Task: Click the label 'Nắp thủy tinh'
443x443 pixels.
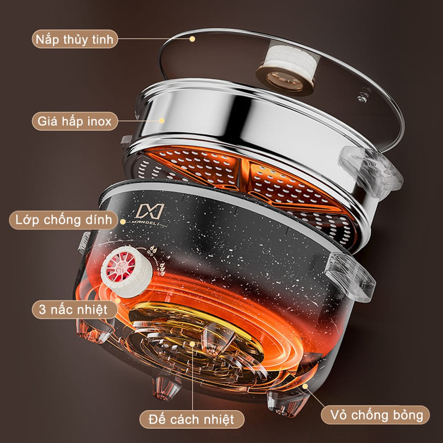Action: coord(74,39)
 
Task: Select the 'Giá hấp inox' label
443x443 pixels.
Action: coord(74,121)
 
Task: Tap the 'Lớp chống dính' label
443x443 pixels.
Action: coord(63,220)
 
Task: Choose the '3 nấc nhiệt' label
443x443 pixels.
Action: coord(74,309)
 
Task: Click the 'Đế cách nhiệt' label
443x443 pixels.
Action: coord(191,419)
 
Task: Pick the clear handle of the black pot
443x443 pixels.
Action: coord(350,277)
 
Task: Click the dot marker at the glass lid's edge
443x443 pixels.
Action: coord(192,39)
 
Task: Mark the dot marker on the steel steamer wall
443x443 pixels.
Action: coord(162,120)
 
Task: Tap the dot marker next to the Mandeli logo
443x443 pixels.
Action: coord(123,222)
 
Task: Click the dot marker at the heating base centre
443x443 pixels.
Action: coord(192,344)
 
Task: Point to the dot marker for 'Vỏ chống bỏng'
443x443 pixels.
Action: coord(305,386)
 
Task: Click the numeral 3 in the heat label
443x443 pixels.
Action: coord(43,309)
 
